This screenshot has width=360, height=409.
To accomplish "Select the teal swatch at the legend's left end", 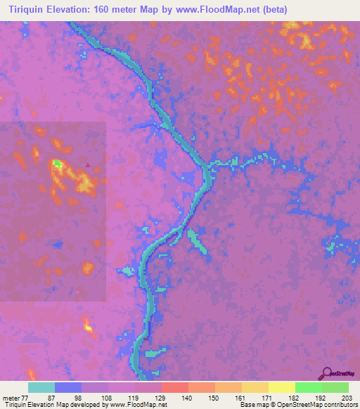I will coord(41,387).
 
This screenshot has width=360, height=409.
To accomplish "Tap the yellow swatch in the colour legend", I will coord(281,387).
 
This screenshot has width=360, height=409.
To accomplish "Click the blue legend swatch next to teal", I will coord(68,387).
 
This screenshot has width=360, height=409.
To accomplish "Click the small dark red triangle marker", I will coord(87,166).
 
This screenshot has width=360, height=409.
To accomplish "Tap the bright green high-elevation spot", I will coord(57,164).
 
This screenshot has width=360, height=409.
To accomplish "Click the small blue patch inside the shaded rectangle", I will coord(58,243).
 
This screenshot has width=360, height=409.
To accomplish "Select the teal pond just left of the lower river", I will coord(127,271).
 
